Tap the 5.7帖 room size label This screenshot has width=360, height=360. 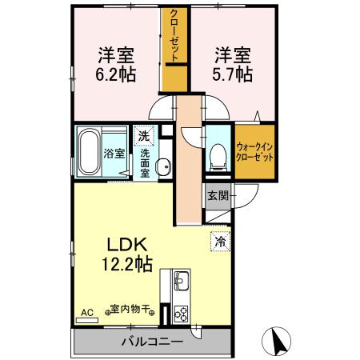tap(234, 74)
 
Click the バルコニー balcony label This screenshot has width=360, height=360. tap(152, 342)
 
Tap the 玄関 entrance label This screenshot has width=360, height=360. tap(218, 194)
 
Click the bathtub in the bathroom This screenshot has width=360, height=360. tap(89, 152)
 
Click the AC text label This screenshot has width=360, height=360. tap(87, 311)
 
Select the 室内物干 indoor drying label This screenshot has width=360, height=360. tap(131, 309)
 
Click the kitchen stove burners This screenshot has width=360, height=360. tap(181, 313)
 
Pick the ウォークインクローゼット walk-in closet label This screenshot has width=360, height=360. tap(254, 152)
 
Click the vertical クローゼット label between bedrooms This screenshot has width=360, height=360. tap(174, 36)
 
